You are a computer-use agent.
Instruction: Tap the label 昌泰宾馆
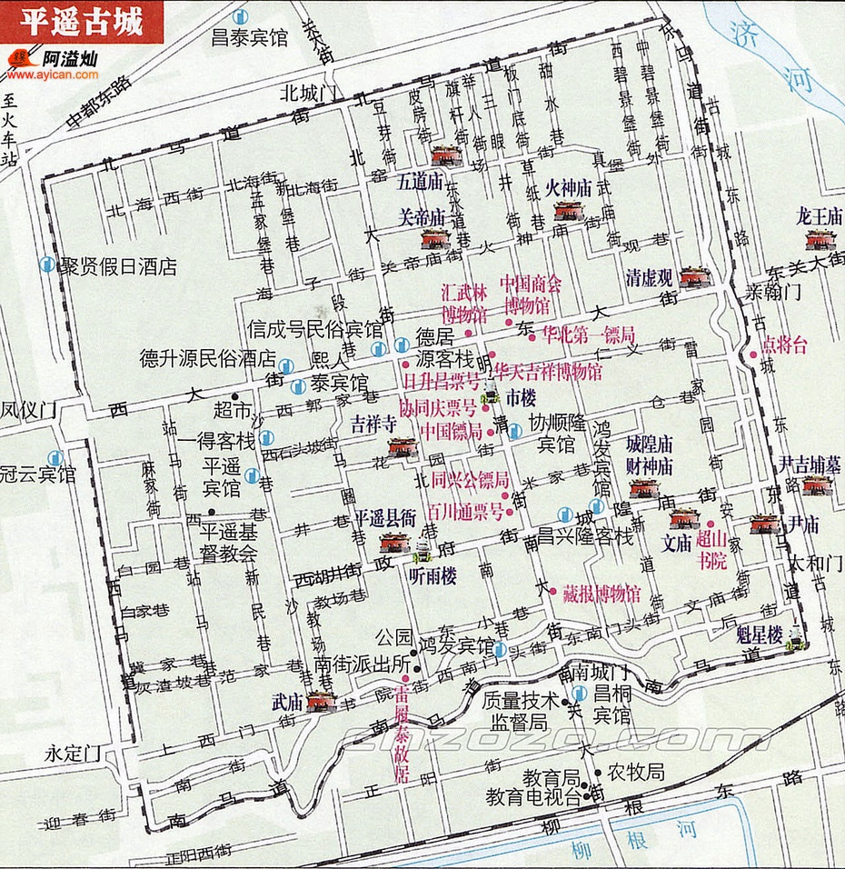point(249,37)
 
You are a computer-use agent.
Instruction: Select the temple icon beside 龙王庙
point(820,240)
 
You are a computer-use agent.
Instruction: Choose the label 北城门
point(309,93)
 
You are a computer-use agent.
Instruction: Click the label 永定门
point(75,754)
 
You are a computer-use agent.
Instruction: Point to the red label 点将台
point(784,345)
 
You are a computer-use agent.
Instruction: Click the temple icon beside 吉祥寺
point(402,447)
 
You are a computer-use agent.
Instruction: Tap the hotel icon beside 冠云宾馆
point(55,457)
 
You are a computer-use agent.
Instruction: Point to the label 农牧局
point(636,773)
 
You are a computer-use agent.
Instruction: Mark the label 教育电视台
point(532,797)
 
